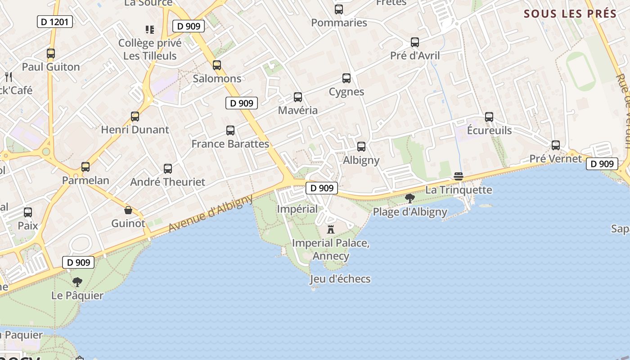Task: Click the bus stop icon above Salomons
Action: click(217, 65)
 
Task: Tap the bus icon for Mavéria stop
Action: click(297, 97)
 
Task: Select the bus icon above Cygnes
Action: click(346, 78)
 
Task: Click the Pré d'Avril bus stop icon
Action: click(414, 42)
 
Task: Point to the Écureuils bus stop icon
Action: click(489, 117)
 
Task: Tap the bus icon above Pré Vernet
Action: click(556, 145)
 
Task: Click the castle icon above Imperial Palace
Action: click(331, 229)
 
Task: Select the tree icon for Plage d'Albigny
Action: click(409, 198)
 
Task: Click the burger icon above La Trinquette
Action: click(459, 176)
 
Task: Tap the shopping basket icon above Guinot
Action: click(128, 210)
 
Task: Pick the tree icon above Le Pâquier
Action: click(77, 282)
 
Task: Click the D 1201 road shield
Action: click(54, 21)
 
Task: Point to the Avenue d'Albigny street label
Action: click(211, 212)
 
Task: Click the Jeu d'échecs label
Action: click(340, 279)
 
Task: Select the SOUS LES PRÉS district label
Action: click(570, 13)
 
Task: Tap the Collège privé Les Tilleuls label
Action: click(150, 49)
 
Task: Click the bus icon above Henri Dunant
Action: click(135, 117)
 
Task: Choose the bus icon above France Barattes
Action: click(230, 130)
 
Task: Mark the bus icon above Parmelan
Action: click(85, 167)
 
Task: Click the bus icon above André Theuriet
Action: click(168, 169)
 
